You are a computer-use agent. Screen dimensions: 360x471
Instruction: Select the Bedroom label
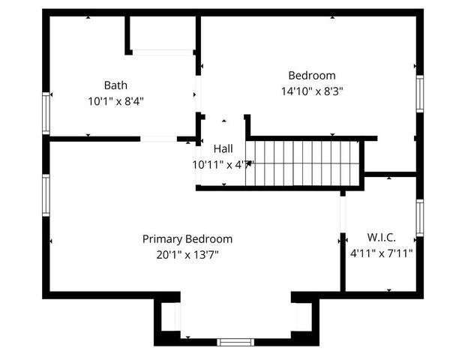point(311,75)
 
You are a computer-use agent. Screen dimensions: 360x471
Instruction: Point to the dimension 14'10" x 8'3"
point(311,91)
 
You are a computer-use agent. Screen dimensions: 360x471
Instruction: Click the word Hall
point(223,148)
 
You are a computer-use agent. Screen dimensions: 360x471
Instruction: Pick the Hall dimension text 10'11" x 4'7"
point(223,163)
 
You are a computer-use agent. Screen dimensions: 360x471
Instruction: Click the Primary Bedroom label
point(187,238)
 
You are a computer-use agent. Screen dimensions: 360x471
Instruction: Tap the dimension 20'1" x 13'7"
point(187,254)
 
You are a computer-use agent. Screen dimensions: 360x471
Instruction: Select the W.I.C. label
point(381,238)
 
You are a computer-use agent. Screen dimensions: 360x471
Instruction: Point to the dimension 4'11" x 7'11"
point(381,253)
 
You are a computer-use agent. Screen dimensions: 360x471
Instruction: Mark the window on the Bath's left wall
point(46,112)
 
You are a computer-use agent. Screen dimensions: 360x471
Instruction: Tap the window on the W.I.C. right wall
point(420,217)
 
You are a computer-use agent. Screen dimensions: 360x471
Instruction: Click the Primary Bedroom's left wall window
point(46,194)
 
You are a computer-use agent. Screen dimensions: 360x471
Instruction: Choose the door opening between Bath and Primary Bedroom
point(158,139)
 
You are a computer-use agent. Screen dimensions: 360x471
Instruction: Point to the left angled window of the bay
point(170,316)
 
